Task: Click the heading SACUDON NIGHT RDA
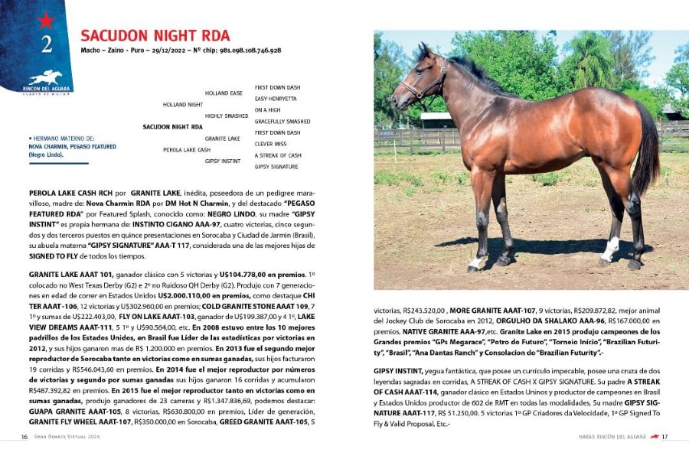tap(155, 36)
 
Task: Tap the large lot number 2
tap(46, 44)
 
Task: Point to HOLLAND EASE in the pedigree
tap(224, 93)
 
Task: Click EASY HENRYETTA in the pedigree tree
tap(276, 99)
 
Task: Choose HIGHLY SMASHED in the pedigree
tap(227, 116)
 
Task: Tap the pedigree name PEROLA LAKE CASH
tap(187, 150)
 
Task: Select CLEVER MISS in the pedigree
tap(270, 144)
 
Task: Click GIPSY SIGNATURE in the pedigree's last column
tap(276, 166)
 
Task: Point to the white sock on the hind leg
tap(610, 248)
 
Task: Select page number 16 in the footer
tap(24, 437)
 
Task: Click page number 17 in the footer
tap(665, 437)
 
